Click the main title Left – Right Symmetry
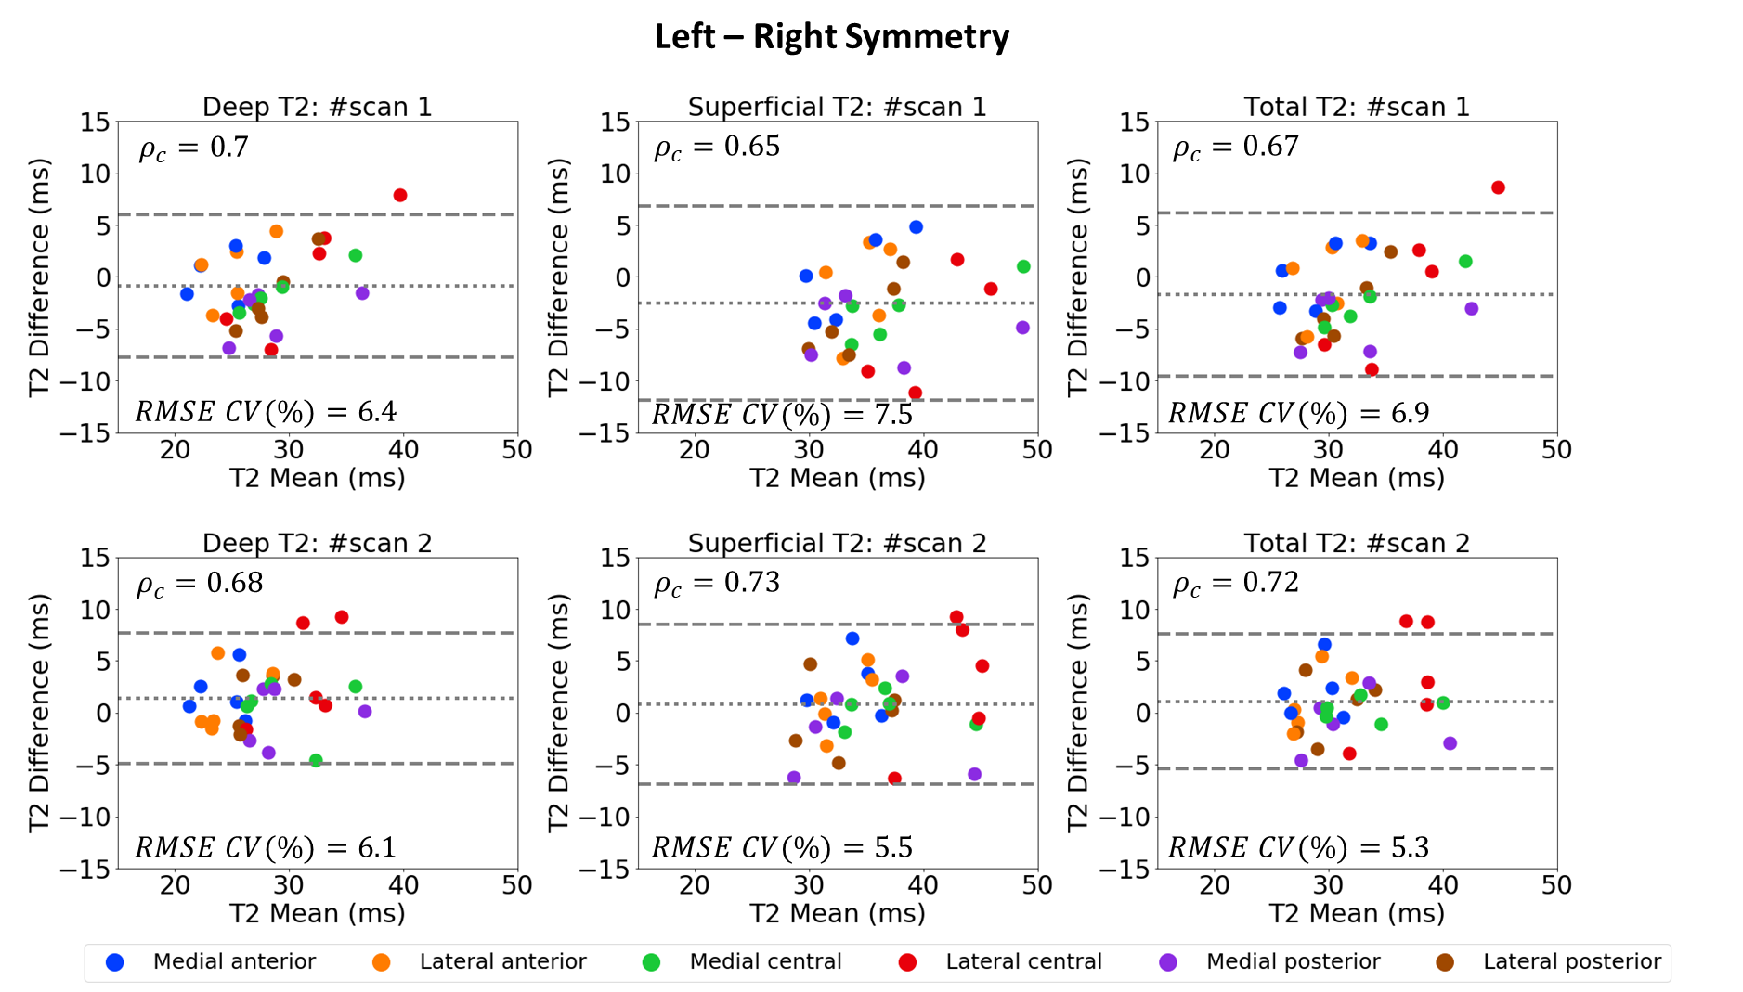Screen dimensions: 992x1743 pyautogui.click(x=831, y=37)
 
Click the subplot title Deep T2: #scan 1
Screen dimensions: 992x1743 pyautogui.click(x=318, y=107)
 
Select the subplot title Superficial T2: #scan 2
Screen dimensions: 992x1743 pyautogui.click(x=837, y=543)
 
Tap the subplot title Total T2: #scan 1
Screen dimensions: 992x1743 pyautogui.click(x=1357, y=107)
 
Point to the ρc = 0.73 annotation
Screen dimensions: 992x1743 pyautogui.click(x=717, y=583)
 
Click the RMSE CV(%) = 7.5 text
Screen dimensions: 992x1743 pyautogui.click(x=782, y=414)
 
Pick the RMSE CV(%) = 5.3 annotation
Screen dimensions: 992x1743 pyautogui.click(x=1298, y=847)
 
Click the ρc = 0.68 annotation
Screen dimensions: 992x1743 pyautogui.click(x=200, y=583)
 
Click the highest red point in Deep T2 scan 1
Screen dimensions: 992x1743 pyautogui.click(x=400, y=195)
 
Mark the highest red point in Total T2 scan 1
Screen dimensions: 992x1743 pyautogui.click(x=1498, y=187)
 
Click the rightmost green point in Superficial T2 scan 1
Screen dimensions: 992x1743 pyautogui.click(x=1023, y=266)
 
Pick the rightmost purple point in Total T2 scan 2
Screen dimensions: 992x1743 pyautogui.click(x=1450, y=743)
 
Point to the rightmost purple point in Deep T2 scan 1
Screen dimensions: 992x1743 pyautogui.click(x=362, y=293)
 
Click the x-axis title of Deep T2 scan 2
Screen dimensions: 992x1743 pyautogui.click(x=318, y=914)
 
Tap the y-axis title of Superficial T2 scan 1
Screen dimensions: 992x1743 pyautogui.click(x=558, y=277)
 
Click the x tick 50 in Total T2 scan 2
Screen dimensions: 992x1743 pyautogui.click(x=1556, y=885)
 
